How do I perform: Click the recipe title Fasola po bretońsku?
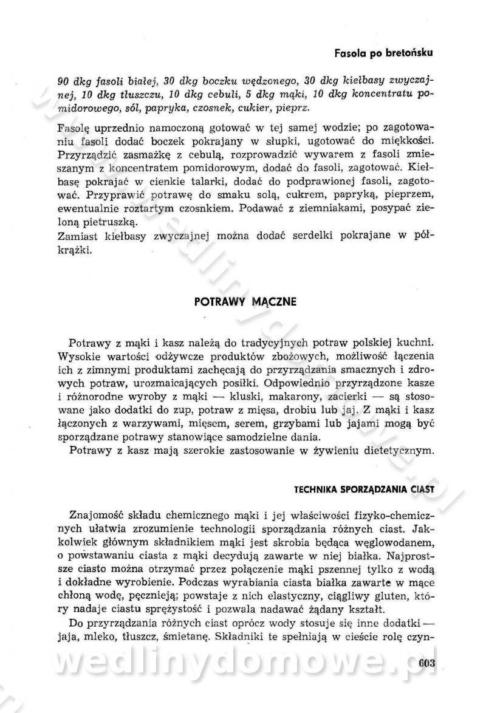click(383, 53)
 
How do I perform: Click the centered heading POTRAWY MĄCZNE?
click(245, 302)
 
